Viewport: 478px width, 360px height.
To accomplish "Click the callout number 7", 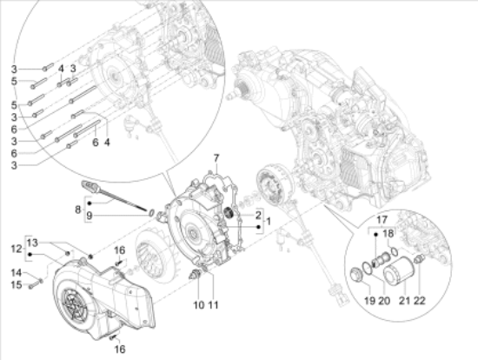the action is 216,158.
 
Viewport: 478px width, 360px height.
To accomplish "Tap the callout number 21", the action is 404,301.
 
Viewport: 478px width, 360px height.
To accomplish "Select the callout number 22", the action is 420,301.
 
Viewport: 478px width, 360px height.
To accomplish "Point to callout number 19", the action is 369,301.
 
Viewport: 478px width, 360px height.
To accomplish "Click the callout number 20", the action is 384,301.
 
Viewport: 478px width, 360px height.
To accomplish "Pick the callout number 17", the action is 382,220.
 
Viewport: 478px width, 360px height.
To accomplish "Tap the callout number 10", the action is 199,304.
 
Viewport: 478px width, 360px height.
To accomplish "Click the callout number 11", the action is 214,304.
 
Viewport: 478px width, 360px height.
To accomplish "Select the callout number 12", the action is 17,249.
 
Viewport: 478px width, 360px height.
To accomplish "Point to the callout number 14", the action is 17,272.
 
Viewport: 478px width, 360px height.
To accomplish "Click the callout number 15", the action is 17,285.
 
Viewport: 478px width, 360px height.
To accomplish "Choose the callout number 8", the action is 78,210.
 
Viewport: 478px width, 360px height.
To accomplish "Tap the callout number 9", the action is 89,216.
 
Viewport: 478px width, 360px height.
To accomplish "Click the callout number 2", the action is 258,215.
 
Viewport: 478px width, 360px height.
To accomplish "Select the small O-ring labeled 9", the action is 151,212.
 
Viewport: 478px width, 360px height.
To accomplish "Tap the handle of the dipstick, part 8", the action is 89,186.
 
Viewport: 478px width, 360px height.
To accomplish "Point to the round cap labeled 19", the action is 355,274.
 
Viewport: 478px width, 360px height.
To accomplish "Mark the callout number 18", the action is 388,234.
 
